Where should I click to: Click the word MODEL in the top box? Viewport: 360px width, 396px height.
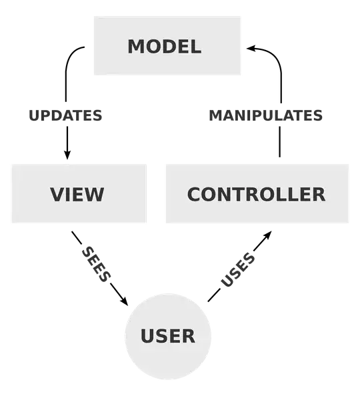click(165, 47)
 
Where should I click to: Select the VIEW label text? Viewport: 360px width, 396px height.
click(77, 195)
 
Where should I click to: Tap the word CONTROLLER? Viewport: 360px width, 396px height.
click(256, 195)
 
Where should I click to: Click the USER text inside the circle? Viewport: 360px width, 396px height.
click(168, 336)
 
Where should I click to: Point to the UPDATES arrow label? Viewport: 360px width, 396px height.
click(65, 116)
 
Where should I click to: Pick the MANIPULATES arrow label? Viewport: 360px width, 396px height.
click(266, 116)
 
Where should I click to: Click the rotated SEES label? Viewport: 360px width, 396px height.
click(97, 264)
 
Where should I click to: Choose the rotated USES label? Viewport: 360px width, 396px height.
click(238, 269)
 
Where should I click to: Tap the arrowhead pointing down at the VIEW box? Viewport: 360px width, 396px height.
click(67, 154)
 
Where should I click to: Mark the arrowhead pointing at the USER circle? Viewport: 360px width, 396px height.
click(124, 300)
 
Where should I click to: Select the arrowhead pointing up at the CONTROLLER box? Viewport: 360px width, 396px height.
click(267, 235)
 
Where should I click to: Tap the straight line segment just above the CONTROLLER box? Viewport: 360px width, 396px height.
click(279, 142)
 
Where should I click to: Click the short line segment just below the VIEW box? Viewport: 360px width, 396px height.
click(77, 237)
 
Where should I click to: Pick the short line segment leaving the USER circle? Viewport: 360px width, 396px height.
click(214, 296)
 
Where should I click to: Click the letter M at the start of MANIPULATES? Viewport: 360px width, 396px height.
click(215, 116)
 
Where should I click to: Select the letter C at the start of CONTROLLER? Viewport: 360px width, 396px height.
click(194, 195)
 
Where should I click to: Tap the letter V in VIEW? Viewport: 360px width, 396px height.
click(57, 195)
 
